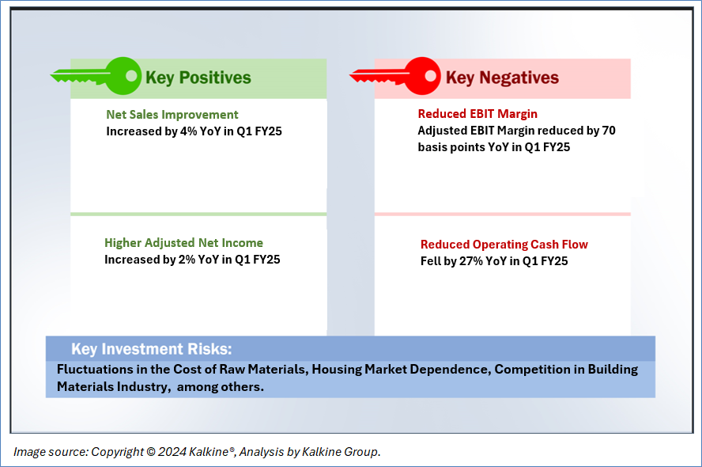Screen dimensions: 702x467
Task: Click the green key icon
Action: click(x=96, y=76)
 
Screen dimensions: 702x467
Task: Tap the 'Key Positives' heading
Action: click(x=198, y=78)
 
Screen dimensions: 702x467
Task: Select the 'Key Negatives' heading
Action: click(x=502, y=78)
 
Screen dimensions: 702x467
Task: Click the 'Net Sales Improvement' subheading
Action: click(x=172, y=115)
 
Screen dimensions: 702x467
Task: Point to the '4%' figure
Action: click(x=188, y=131)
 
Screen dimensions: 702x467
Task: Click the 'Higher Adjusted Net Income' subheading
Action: click(x=183, y=243)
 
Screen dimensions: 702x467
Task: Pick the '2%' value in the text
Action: click(x=187, y=260)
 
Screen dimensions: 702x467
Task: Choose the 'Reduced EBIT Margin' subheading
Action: click(x=477, y=114)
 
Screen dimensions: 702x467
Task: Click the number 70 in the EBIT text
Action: click(x=609, y=131)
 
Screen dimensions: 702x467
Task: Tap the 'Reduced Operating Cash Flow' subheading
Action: click(x=504, y=245)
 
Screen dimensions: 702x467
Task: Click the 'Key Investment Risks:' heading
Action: click(x=152, y=349)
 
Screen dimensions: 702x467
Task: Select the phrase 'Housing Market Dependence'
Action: click(x=401, y=370)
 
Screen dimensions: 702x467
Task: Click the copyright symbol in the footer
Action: click(x=151, y=452)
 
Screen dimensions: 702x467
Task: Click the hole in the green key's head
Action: click(x=131, y=75)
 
